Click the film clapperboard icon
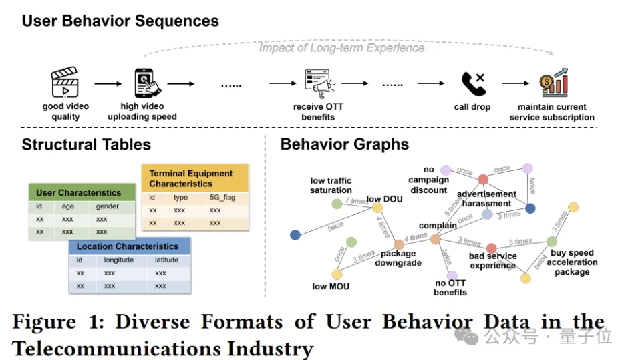click(x=65, y=84)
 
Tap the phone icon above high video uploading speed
click(x=148, y=84)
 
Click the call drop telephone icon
click(x=472, y=84)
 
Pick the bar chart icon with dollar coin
click(x=554, y=83)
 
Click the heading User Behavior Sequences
click(x=120, y=21)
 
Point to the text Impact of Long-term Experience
click(x=341, y=48)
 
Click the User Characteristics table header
click(x=79, y=193)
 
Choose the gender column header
click(x=108, y=206)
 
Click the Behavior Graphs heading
click(x=344, y=144)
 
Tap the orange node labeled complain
click(x=436, y=238)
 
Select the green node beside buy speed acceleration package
click(x=552, y=241)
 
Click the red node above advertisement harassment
click(x=483, y=179)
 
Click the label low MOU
click(x=330, y=287)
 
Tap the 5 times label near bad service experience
click(x=520, y=242)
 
